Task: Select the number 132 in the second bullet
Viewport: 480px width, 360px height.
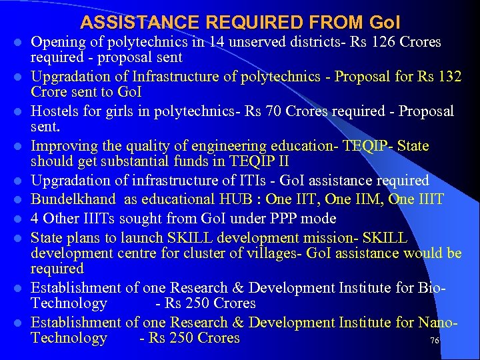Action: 448,76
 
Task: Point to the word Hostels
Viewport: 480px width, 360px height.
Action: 58,111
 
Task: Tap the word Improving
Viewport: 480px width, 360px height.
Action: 65,145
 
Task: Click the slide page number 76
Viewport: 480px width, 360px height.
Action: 434,341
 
